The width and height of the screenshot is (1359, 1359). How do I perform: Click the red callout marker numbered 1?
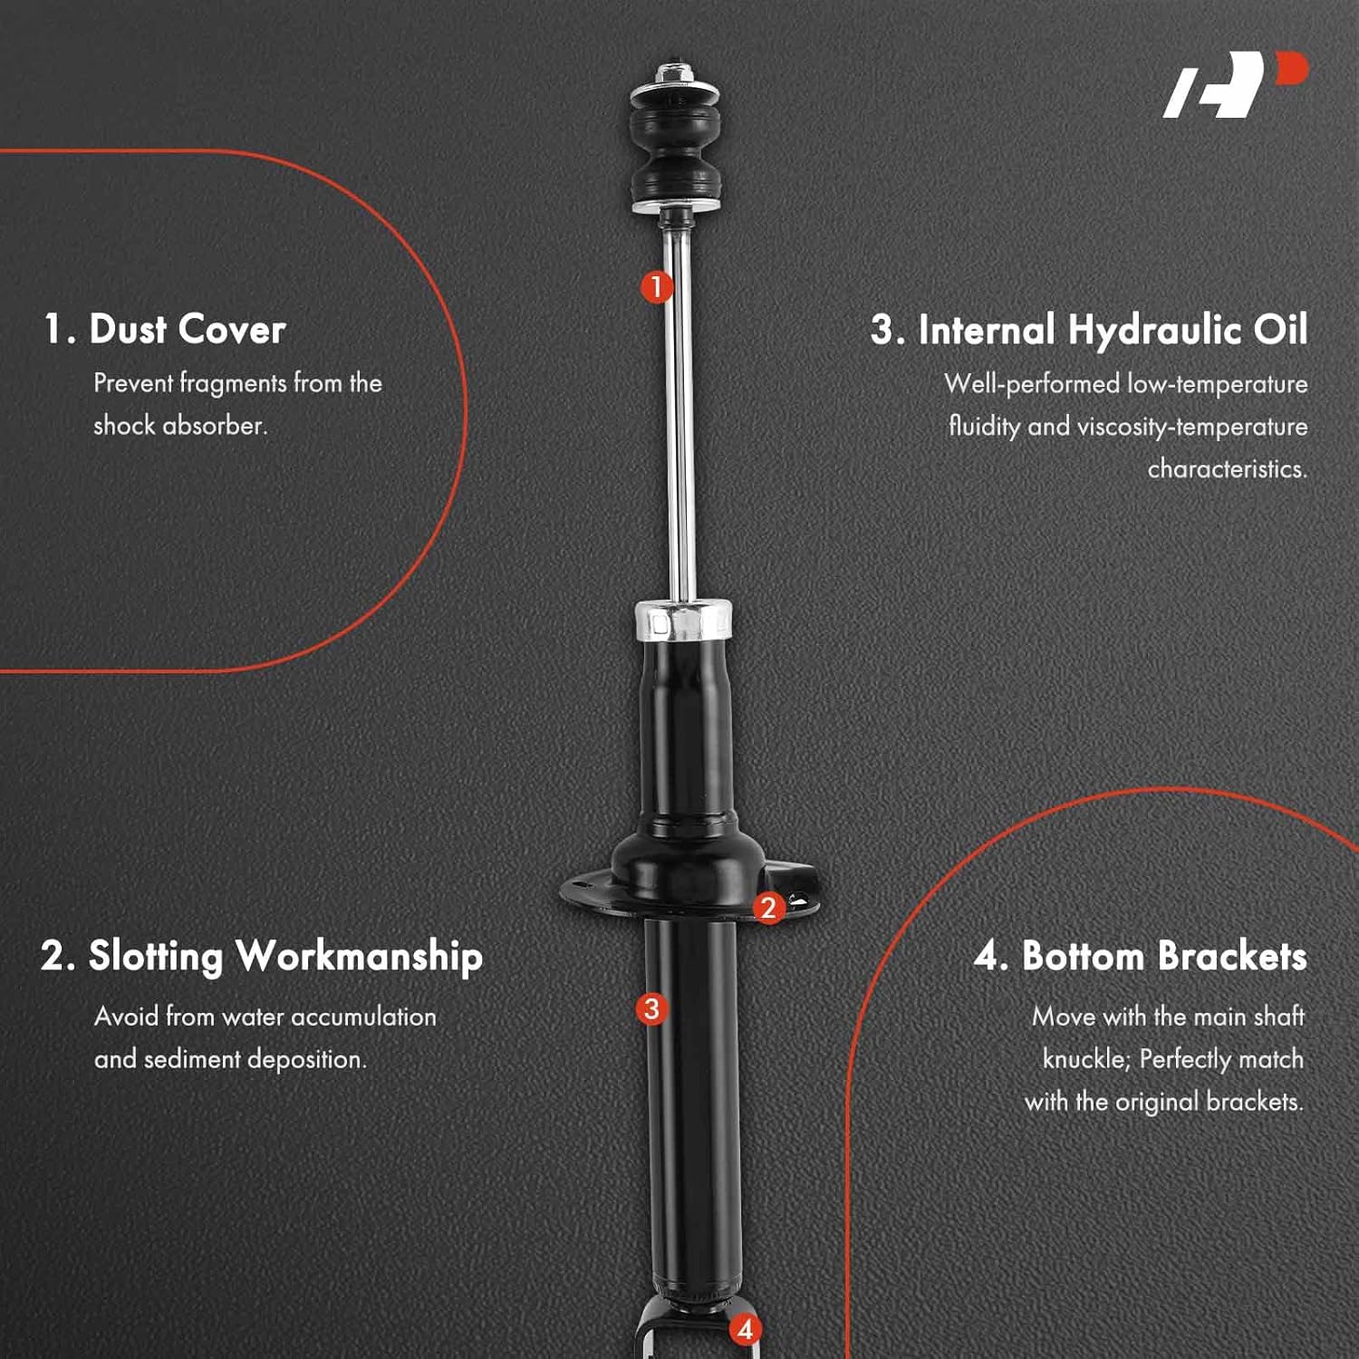click(x=657, y=287)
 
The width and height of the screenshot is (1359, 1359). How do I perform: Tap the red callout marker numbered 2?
click(x=768, y=907)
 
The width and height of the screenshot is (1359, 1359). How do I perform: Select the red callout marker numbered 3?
click(x=651, y=1008)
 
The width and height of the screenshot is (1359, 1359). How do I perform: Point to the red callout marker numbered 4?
click(x=745, y=1329)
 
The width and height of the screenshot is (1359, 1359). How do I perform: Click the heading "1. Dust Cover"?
click(x=165, y=328)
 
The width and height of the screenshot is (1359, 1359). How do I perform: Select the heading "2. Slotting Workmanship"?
click(x=262, y=956)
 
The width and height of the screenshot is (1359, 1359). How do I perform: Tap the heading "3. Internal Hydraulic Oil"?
click(x=1089, y=329)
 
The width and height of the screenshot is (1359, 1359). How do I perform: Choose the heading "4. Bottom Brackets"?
click(x=1140, y=956)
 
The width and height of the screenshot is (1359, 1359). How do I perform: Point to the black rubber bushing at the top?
click(x=675, y=149)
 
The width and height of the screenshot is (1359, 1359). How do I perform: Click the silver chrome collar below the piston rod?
click(x=683, y=621)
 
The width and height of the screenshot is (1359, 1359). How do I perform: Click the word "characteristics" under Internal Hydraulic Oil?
click(x=1227, y=468)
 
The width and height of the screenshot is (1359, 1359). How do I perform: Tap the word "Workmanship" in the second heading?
click(x=359, y=956)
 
